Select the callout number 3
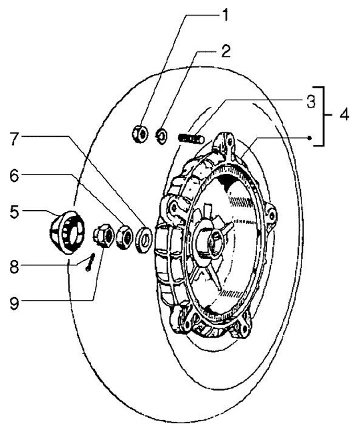tap(310, 102)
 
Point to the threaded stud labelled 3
tap(190, 137)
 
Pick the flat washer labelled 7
tap(144, 238)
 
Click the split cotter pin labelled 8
tap(89, 262)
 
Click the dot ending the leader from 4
tap(310, 137)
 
